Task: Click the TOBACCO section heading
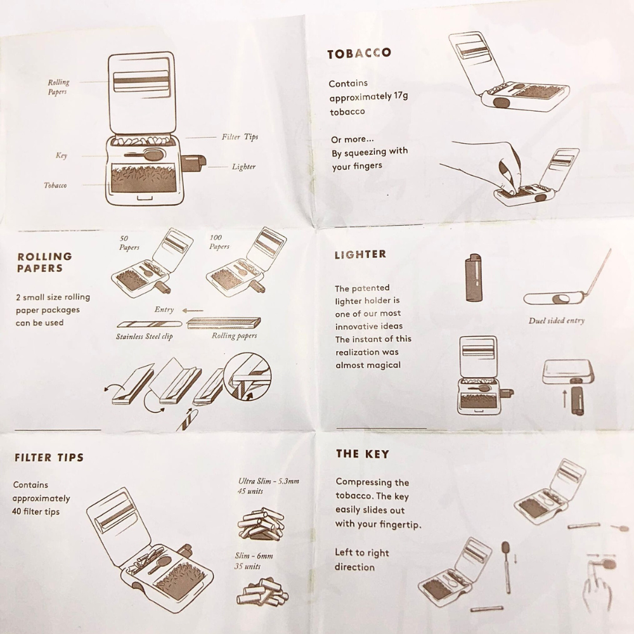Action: coord(359,54)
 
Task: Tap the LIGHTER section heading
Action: coord(360,254)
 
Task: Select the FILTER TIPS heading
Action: coord(49,457)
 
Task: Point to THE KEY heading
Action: coord(362,454)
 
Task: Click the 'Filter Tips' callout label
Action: coord(240,137)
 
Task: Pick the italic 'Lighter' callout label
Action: coord(244,167)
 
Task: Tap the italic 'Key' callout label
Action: coord(61,155)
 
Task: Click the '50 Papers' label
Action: coord(129,243)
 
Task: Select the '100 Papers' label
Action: coord(219,242)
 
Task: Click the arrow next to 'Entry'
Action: coord(193,311)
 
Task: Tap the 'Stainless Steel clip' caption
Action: coord(145,337)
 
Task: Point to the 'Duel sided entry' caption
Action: coord(557,321)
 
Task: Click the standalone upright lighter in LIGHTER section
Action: coord(474,278)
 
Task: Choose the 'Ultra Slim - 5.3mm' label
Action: coord(268,481)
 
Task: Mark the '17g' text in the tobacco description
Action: coord(401,96)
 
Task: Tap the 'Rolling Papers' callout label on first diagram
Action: coord(58,87)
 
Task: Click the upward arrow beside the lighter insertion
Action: coord(565,398)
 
